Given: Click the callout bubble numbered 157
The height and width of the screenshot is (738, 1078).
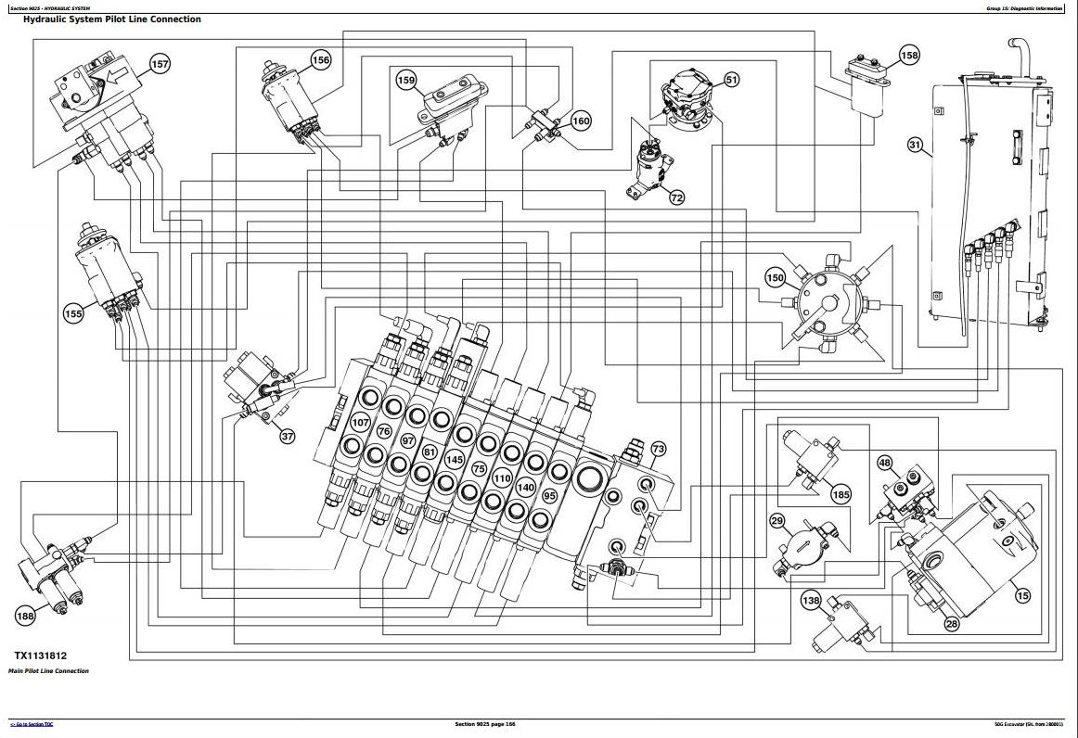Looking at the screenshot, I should coord(160,64).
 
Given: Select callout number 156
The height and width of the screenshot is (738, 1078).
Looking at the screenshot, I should coord(320,60).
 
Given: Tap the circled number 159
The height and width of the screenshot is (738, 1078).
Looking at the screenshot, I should coord(406,81).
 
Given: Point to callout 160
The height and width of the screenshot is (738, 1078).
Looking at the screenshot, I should coord(581,121).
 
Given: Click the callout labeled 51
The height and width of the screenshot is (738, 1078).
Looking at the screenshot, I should coord(732,81).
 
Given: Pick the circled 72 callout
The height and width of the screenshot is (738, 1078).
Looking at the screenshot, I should coord(676,197).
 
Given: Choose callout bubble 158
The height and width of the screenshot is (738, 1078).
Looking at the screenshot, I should coord(910,56).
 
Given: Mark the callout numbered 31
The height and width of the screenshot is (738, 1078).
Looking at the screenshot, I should coord(916,145).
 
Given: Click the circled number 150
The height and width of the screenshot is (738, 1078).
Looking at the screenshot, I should coord(775,277).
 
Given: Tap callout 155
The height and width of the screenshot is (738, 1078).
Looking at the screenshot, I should coord(73,313).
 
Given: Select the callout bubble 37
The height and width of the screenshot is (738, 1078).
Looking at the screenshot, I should coord(287,436).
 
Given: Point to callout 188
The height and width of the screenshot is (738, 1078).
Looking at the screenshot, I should coord(25,615).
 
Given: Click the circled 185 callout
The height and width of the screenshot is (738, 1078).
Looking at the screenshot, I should coord(841,494).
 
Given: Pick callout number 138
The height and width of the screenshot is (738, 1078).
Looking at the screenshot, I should coord(811,602).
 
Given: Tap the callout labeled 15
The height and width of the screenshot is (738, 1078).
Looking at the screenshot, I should coord(1022,596).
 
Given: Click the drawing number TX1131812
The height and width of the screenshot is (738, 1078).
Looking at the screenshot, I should coord(41,655).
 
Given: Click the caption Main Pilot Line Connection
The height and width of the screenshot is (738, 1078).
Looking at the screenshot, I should coord(49,671).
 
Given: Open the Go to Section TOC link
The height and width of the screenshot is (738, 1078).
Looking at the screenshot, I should coord(32,724).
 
